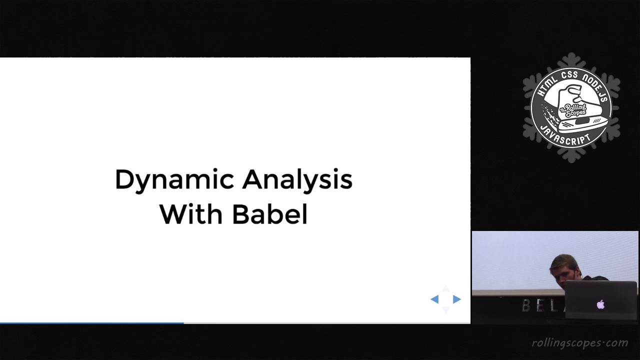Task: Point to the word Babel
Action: point(269,214)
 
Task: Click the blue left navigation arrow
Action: point(434,299)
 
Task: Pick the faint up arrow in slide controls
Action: point(445,289)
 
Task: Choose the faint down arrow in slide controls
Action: point(445,309)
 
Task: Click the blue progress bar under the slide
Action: point(92,323)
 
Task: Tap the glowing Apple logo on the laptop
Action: point(600,304)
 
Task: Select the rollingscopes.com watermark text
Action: point(579,342)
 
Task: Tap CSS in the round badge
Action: point(570,76)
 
